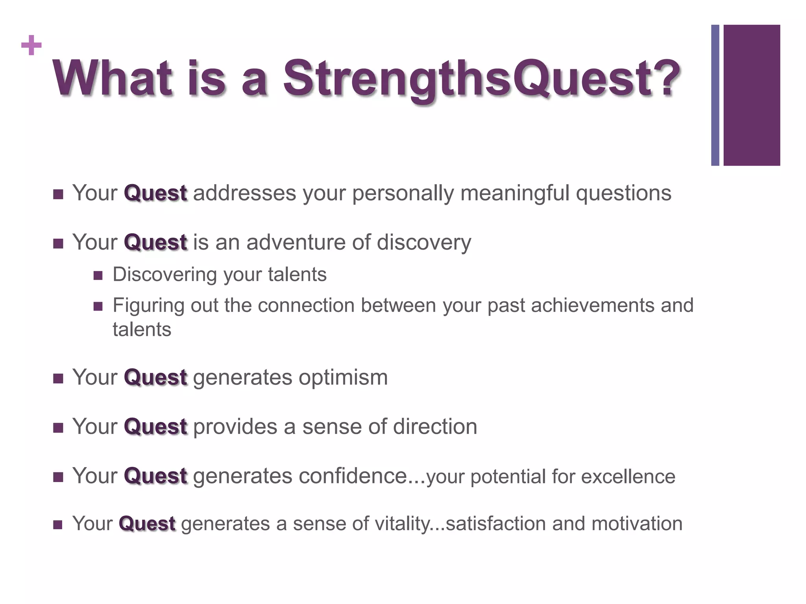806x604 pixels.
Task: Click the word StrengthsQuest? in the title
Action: point(482,79)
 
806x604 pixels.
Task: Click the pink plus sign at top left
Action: point(31,46)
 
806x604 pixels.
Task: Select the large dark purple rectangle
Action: point(751,95)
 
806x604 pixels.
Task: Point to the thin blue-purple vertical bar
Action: point(715,95)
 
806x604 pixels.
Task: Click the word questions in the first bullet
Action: point(623,193)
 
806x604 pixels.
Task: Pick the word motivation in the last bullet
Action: point(636,524)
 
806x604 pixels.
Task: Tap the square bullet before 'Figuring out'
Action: point(98,306)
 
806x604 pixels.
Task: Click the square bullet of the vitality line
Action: point(58,525)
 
